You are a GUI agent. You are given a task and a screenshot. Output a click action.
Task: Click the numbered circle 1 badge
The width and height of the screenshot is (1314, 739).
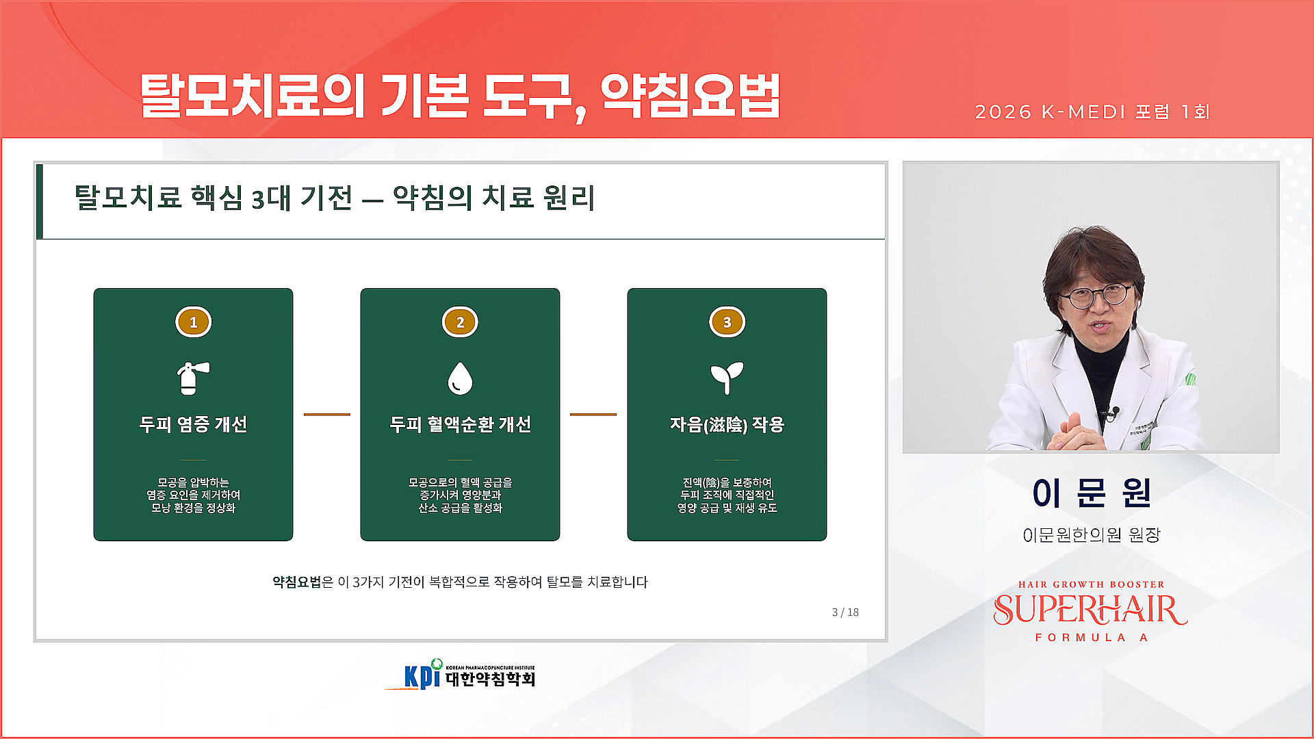click(193, 322)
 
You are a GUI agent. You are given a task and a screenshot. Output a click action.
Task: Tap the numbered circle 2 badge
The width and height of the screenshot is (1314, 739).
click(460, 322)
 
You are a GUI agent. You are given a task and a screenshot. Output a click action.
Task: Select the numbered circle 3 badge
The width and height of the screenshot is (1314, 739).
click(727, 322)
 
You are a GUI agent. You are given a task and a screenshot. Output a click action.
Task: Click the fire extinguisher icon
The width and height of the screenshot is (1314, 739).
click(192, 378)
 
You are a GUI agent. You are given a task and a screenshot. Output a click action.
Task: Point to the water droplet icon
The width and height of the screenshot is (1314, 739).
click(460, 378)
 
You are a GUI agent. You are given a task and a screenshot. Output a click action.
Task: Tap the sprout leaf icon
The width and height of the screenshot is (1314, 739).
click(727, 378)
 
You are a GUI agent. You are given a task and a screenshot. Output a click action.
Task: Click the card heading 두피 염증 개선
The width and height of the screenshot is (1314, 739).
click(193, 424)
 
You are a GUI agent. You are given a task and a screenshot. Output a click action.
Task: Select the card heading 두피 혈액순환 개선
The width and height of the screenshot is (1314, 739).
click(460, 424)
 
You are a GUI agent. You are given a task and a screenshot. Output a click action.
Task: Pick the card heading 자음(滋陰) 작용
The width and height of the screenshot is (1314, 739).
click(727, 424)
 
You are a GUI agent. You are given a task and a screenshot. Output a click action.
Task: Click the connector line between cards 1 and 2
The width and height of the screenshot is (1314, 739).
click(326, 414)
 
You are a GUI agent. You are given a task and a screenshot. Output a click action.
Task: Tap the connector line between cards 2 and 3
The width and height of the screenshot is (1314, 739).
click(593, 414)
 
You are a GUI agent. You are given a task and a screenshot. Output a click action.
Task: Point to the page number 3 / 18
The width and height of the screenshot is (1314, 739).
click(845, 612)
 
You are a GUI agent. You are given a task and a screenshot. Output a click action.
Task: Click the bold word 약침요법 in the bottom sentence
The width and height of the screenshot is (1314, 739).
click(296, 582)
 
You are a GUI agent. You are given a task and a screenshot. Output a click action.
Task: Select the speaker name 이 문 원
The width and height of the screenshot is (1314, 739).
click(1091, 493)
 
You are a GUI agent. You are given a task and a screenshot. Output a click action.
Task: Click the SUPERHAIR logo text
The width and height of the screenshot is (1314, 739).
click(1091, 610)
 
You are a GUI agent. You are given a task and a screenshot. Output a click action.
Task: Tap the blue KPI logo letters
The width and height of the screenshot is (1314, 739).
click(422, 675)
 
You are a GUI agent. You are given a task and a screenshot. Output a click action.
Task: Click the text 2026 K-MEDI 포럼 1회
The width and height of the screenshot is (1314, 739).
click(1092, 112)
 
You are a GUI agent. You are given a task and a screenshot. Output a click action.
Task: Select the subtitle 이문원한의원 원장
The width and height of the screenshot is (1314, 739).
click(1091, 534)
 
